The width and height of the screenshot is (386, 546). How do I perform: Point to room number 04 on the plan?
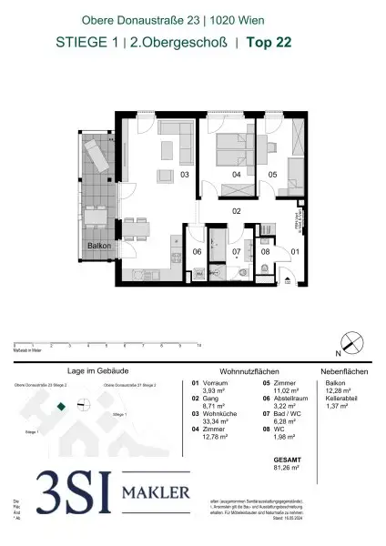[236, 173]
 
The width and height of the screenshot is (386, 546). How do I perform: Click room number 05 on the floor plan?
[272, 173]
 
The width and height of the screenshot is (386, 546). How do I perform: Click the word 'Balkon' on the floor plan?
[98, 246]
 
